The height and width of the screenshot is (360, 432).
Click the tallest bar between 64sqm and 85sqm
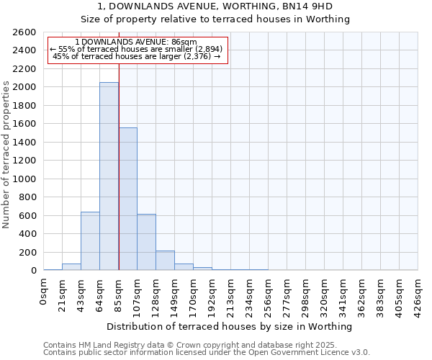[x=109, y=176]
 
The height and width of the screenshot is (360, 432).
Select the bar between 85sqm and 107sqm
[x=127, y=199]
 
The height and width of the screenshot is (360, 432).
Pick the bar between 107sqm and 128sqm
[x=146, y=242]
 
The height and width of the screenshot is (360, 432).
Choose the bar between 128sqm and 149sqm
[x=165, y=261]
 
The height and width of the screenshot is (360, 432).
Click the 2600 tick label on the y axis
[x=24, y=32]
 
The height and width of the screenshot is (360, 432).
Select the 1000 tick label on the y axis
[x=24, y=179]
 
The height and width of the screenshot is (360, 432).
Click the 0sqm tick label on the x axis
[x=44, y=291]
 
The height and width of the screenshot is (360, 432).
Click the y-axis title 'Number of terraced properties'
[x=6, y=155]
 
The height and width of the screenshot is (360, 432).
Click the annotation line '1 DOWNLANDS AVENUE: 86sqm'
[x=135, y=42]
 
